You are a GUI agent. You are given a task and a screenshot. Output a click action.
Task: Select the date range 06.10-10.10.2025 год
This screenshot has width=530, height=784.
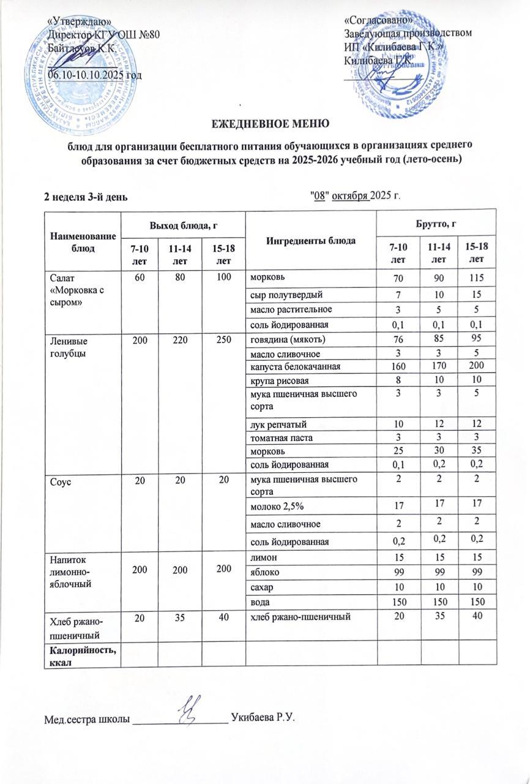pos(95,74)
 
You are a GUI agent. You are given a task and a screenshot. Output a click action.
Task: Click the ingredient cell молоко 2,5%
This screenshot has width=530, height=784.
pos(275,507)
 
